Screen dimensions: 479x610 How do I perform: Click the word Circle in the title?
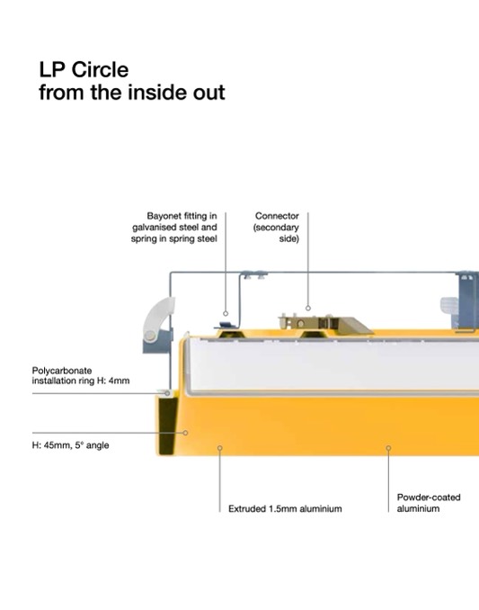[100, 70]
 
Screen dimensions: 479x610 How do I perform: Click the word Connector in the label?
[277, 216]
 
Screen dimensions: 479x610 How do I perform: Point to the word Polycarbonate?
[62, 371]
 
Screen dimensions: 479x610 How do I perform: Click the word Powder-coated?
[429, 498]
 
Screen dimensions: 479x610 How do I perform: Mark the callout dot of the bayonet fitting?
[226, 314]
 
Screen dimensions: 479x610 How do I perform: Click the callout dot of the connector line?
[308, 308]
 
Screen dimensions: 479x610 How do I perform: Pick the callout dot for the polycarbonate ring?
[167, 393]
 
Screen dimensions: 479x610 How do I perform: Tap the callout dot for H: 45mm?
[186, 433]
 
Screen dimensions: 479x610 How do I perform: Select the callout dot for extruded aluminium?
[220, 448]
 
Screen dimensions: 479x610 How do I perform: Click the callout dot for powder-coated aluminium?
[388, 448]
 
